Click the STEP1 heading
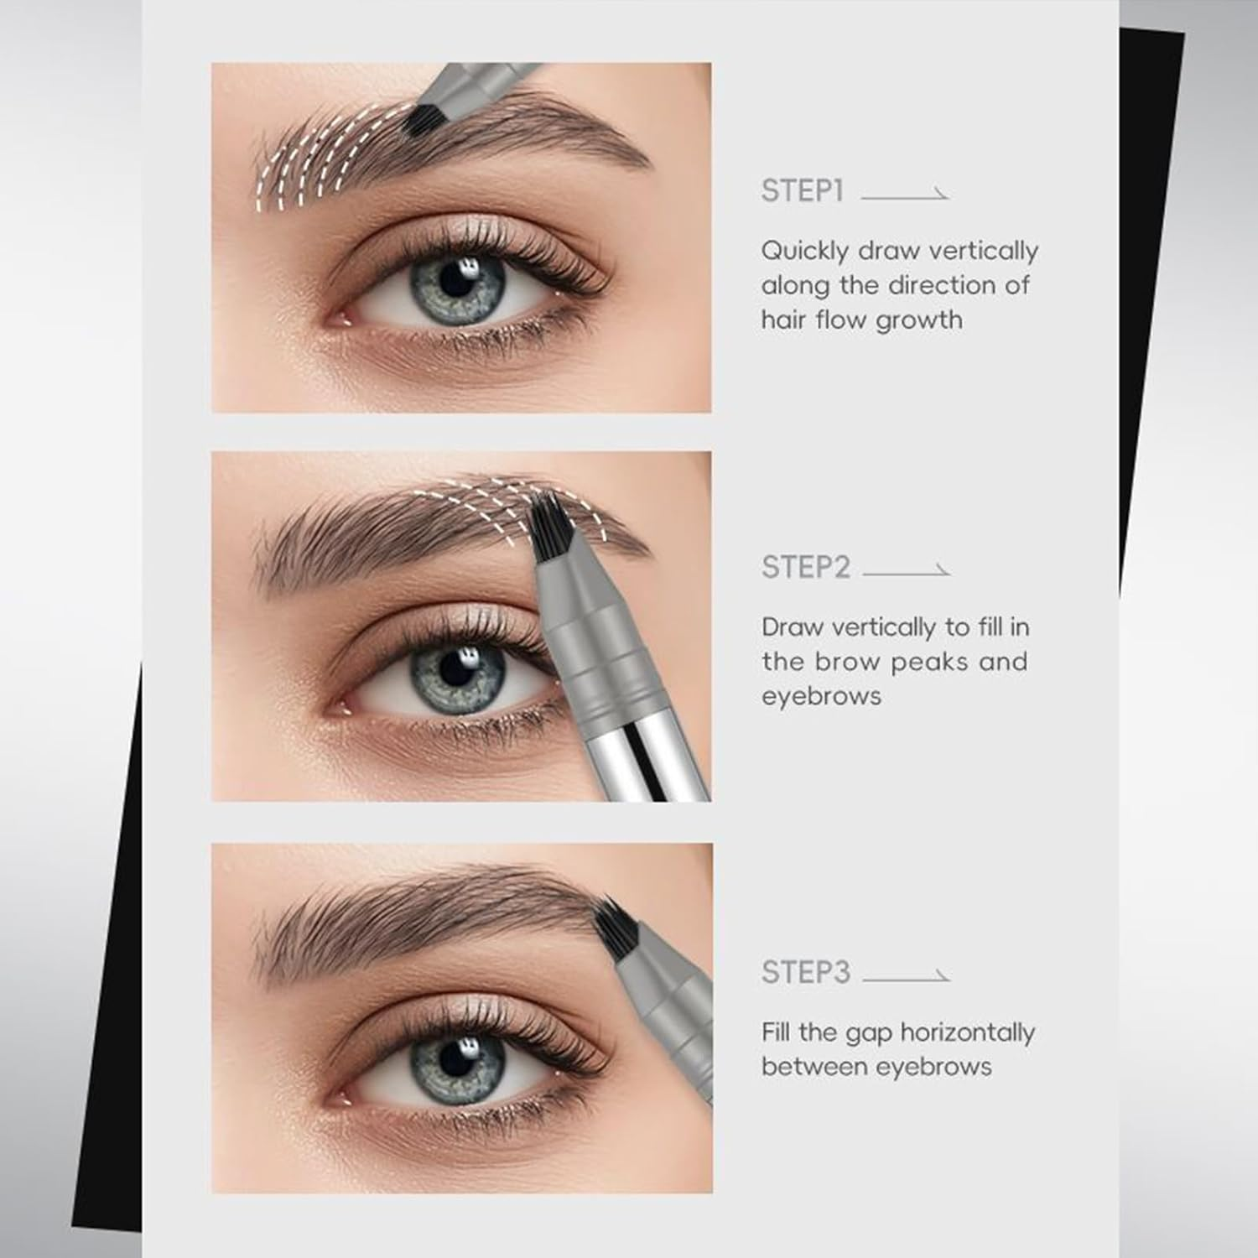pyautogui.click(x=802, y=191)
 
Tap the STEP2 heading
pyautogui.click(x=805, y=568)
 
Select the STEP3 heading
pyautogui.click(x=805, y=972)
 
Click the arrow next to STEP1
pyautogui.click(x=904, y=195)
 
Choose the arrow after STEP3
pyautogui.click(x=906, y=977)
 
